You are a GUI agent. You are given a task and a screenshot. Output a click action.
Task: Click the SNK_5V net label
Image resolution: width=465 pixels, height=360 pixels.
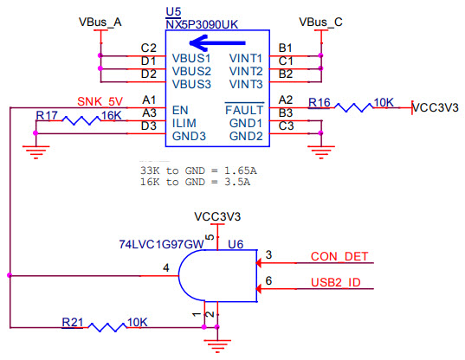click(x=100, y=100)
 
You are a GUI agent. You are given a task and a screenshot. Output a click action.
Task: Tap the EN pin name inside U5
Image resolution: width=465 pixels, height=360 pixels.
click(x=181, y=110)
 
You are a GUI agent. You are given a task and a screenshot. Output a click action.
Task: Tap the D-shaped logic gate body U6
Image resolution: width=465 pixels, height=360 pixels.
click(x=216, y=275)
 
